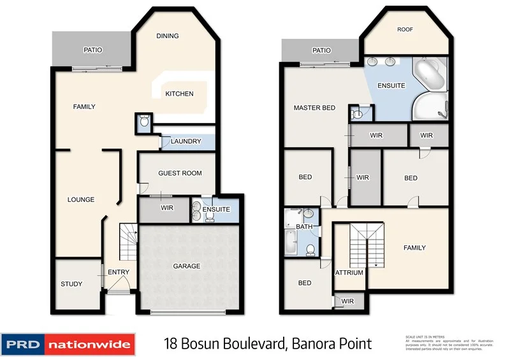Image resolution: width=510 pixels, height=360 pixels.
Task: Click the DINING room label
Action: [x=167, y=36]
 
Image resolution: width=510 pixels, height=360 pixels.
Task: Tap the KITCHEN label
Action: [x=179, y=94]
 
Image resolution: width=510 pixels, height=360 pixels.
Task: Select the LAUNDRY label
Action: [x=186, y=141]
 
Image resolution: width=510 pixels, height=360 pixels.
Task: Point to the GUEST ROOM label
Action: [x=180, y=173]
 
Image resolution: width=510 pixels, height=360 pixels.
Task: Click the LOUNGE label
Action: [x=81, y=200]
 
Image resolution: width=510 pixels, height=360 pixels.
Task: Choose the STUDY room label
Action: [x=71, y=284]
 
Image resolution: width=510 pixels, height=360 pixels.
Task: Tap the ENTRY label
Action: [x=119, y=273]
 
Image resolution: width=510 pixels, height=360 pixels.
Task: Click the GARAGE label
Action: [x=187, y=266]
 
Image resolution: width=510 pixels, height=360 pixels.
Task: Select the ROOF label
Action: [x=405, y=29]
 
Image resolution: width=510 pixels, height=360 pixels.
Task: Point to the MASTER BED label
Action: [x=314, y=108]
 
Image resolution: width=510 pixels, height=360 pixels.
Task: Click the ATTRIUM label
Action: [x=349, y=273]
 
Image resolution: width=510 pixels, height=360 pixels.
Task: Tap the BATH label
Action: [x=304, y=226]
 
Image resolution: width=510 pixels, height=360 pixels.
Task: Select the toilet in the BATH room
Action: [x=310, y=249]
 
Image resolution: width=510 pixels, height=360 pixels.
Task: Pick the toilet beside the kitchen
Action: [x=144, y=121]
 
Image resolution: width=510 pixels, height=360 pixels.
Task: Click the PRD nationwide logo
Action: [x=68, y=345]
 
